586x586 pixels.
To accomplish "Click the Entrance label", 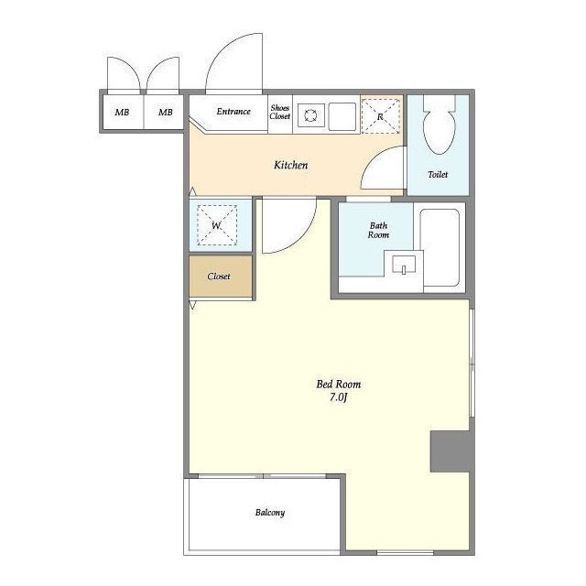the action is pos(233,112).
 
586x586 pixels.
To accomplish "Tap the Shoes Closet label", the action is pos(280,112).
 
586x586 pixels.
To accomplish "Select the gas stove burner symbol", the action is pos(310,115).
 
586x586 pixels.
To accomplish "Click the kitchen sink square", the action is pos(342,116).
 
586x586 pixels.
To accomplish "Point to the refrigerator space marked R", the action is pos(381,116).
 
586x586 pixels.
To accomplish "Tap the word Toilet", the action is pos(438,174).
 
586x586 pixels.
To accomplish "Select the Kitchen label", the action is pos(291,165).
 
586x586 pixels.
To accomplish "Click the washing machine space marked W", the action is pos(217,225).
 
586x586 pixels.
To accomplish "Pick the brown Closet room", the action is pos(221,277).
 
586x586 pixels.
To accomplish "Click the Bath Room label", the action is pos(378,230).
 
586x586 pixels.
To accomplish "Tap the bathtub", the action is pos(439,247).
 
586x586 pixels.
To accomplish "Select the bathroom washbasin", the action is pos(404,265).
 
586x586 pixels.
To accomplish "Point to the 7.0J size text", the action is pos(339,397).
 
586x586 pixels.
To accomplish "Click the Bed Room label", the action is pos(339,385).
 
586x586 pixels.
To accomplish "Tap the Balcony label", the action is pos(270,513).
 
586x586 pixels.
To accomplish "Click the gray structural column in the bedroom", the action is pos(450,451).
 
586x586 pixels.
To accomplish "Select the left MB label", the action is pos(122,112).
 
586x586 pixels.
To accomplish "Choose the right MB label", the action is pos(165,112).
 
